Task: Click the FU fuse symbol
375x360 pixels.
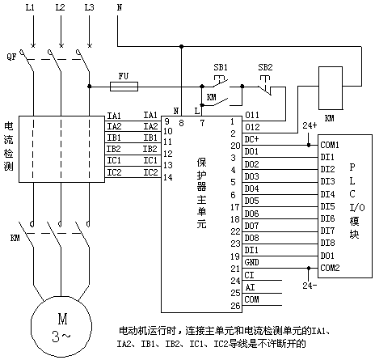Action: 124,87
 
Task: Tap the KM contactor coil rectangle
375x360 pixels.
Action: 331,88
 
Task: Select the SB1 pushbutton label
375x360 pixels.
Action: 221,67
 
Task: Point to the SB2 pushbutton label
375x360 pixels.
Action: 265,67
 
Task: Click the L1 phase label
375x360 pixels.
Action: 30,7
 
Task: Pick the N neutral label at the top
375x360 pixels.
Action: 120,7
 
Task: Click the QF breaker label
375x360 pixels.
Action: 11,57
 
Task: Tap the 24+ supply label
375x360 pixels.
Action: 310,125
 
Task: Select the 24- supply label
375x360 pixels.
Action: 310,286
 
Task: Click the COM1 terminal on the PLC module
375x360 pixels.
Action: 330,145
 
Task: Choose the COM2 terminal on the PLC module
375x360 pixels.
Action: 330,268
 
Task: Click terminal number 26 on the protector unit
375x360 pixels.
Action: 235,306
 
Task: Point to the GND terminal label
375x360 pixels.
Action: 251,262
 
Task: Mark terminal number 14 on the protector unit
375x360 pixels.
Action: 168,177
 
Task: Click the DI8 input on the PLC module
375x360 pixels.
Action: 327,244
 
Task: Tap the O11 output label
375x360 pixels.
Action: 252,115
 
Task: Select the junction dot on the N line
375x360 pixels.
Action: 182,46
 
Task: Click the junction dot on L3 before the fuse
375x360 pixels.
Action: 90,87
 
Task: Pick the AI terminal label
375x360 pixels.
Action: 250,287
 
